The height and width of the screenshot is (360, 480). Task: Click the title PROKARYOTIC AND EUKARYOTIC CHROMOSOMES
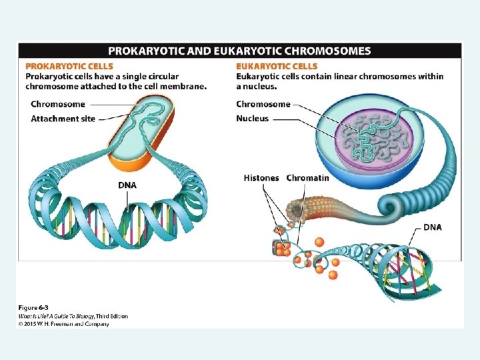click(239, 51)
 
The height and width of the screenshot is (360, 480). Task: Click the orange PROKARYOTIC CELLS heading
click(69, 67)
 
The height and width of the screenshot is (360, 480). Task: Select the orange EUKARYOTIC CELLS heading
click(277, 67)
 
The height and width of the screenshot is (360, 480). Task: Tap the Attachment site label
click(63, 119)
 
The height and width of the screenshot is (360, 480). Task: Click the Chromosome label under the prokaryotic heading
click(58, 104)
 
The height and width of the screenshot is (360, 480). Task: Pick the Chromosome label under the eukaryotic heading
click(263, 104)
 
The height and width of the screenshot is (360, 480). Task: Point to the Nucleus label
click(253, 119)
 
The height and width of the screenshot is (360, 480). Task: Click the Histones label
click(262, 178)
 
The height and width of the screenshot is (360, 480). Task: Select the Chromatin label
click(307, 178)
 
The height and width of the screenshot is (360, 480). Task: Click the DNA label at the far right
click(433, 227)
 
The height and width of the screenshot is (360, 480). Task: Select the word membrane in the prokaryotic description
click(185, 86)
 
